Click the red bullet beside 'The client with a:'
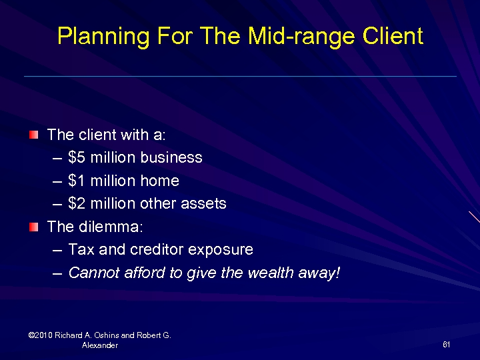pyautogui.click(x=33, y=135)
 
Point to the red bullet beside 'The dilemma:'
pyautogui.click(x=33, y=227)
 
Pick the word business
pyautogui.click(x=171, y=158)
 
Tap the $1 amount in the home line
pyautogui.click(x=76, y=181)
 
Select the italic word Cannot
pyautogui.click(x=92, y=273)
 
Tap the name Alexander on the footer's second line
pyautogui.click(x=100, y=345)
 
